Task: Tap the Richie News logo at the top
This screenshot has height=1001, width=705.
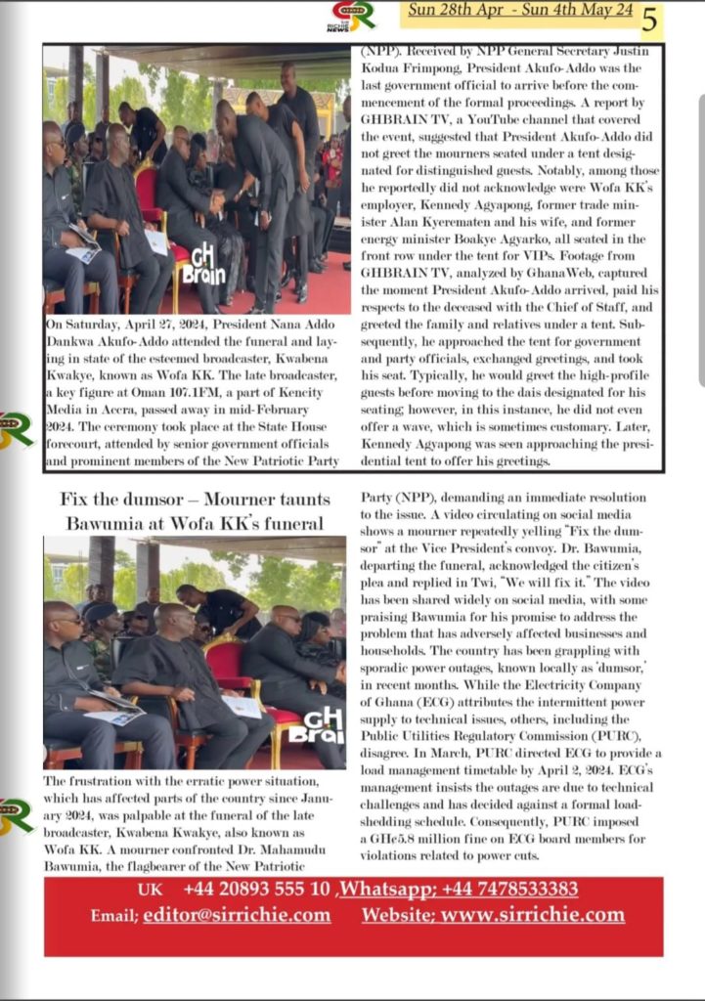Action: coord(353,17)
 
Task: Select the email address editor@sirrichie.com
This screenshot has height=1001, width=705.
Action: coord(236,915)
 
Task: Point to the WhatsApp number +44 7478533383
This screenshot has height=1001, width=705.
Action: coord(508,889)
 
